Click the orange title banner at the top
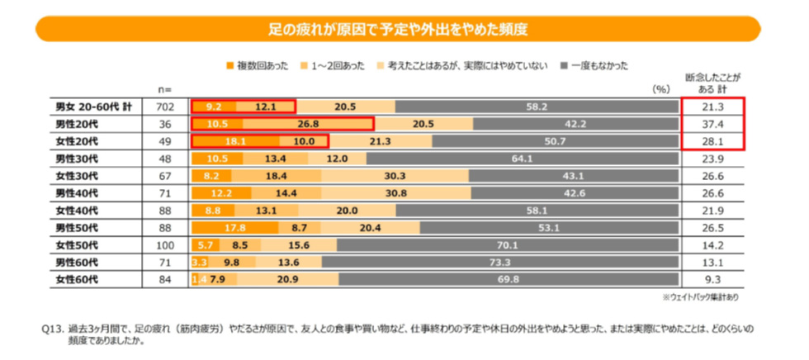point(397,30)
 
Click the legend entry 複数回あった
point(261,64)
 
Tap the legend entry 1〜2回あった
point(334,64)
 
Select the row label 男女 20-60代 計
point(91,107)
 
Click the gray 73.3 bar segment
point(497,263)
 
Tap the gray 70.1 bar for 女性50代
point(507,245)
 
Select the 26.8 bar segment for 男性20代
point(309,124)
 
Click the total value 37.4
point(711,124)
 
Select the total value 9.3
point(711,280)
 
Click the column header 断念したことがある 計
point(711,83)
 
